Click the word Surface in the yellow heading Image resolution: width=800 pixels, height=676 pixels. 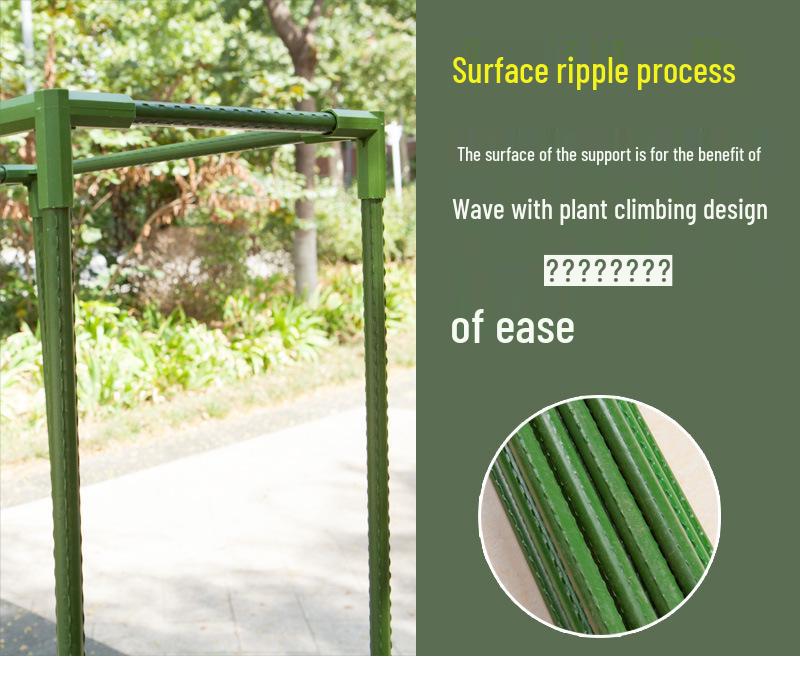(500, 70)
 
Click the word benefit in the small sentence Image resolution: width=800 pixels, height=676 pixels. (722, 155)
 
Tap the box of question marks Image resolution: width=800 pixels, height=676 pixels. (608, 270)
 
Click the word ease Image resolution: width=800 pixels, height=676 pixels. (535, 328)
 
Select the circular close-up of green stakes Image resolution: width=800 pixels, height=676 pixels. (600, 516)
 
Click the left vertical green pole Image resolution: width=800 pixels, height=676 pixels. (62, 429)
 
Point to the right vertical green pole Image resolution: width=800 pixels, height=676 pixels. (378, 426)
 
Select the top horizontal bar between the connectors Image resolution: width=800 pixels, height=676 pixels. (232, 119)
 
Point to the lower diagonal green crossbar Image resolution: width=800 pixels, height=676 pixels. (204, 150)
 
